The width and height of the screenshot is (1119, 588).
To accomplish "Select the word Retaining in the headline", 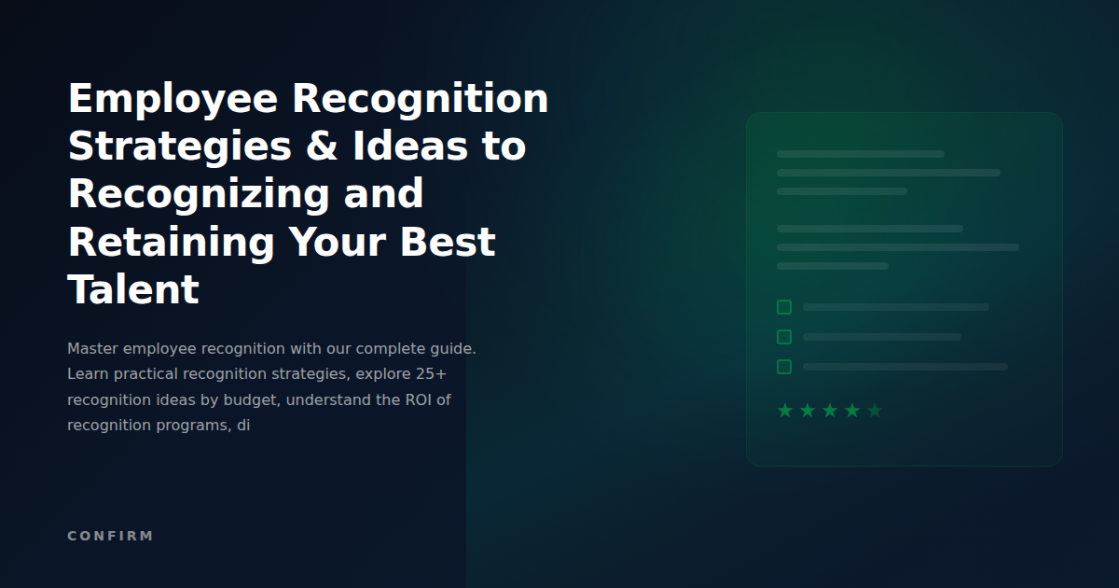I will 172,242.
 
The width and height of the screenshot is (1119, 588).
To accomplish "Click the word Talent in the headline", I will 133,289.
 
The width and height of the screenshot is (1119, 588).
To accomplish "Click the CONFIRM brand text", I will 110,536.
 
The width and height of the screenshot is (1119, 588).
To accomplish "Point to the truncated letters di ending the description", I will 243,425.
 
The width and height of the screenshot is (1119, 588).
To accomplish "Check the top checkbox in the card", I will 784,307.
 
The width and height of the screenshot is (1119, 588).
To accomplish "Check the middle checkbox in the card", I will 784,337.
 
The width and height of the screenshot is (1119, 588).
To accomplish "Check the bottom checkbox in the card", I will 784,367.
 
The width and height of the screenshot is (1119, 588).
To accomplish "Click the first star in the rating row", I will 785,411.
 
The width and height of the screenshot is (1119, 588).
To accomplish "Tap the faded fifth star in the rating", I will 875,411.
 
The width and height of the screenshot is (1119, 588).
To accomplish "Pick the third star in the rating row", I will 830,411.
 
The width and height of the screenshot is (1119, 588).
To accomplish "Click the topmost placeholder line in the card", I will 860,154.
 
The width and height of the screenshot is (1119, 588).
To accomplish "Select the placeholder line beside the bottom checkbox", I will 905,367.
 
